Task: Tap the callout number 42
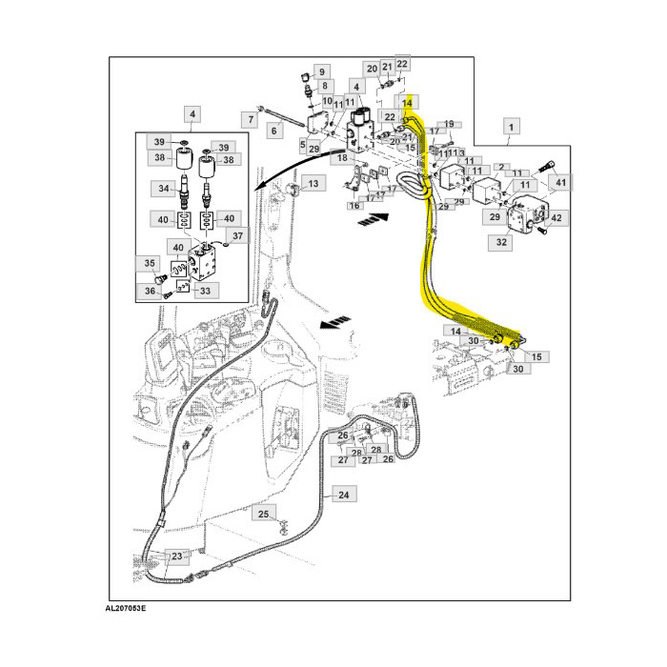click(x=557, y=218)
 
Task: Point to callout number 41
click(x=561, y=183)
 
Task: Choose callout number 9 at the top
click(x=321, y=71)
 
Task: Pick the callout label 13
click(x=313, y=182)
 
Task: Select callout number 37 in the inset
click(x=238, y=236)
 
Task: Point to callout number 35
click(x=149, y=263)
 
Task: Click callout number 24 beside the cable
click(x=343, y=495)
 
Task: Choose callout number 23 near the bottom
click(x=176, y=556)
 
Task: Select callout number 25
click(x=264, y=515)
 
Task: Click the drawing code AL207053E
click(x=127, y=607)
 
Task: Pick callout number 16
click(x=354, y=205)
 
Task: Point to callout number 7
click(x=250, y=120)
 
